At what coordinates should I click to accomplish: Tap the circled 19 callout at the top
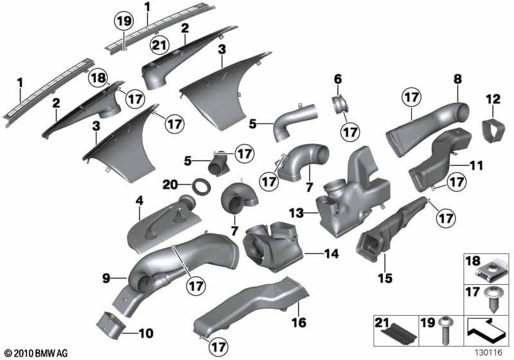[x=123, y=21]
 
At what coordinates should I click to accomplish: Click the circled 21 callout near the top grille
[x=159, y=45]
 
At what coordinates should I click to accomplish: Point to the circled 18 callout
[x=98, y=78]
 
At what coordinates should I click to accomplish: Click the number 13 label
[x=296, y=214]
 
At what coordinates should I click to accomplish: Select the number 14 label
[x=332, y=253]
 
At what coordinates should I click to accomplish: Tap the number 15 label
[x=385, y=278]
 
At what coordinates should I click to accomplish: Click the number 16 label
[x=299, y=322]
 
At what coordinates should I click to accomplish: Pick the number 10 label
[x=146, y=334]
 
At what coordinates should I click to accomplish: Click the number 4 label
[x=139, y=201]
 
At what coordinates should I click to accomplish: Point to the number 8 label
[x=457, y=79]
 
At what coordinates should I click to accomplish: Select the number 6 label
[x=338, y=79]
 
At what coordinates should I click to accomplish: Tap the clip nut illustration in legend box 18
[x=488, y=270]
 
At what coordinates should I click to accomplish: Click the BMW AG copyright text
[x=37, y=354]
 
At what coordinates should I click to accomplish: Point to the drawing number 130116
[x=489, y=353]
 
